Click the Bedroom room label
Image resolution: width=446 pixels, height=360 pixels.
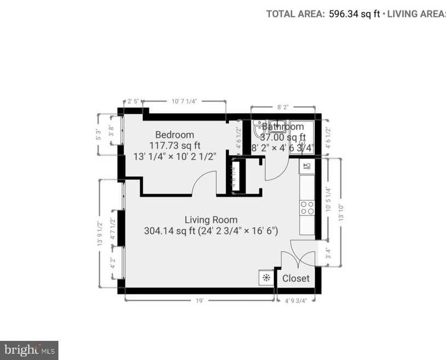(x=175, y=135)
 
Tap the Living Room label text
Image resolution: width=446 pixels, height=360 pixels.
(x=211, y=220)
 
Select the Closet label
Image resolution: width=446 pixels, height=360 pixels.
(x=296, y=278)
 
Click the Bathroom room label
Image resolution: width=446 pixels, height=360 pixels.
(x=282, y=127)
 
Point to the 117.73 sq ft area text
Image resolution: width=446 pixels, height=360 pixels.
(x=175, y=145)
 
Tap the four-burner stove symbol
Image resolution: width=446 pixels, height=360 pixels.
(x=306, y=207)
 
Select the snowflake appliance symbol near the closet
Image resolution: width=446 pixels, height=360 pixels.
(x=267, y=277)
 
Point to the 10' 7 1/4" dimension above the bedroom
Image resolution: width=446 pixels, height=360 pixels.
(x=184, y=101)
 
